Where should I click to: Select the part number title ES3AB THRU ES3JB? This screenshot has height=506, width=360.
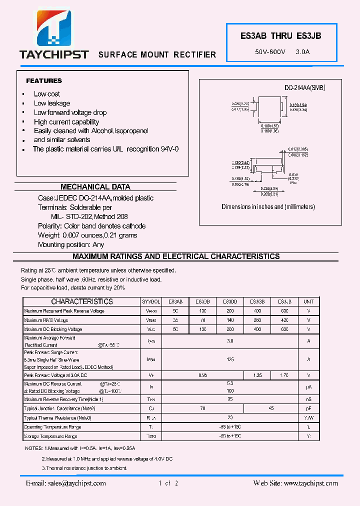point(281,36)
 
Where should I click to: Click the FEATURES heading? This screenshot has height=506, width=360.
point(44,80)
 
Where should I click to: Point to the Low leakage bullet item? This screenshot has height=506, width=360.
point(51,103)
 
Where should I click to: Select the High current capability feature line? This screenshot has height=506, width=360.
point(66,122)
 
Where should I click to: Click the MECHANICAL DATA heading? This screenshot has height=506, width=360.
point(95,187)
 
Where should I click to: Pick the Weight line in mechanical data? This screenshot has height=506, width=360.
point(87,235)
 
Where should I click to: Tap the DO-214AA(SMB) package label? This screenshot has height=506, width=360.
point(305,87)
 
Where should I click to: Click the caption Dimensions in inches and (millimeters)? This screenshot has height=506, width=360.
point(268,206)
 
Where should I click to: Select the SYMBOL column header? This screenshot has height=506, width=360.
point(151,302)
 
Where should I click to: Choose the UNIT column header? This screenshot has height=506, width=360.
point(308,302)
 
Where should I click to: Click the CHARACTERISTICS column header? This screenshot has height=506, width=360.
point(82,301)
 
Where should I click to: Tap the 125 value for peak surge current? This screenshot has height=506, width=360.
point(230,359)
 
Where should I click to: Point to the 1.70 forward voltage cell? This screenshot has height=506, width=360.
point(284,375)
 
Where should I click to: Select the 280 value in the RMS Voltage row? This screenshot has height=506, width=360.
point(257,320)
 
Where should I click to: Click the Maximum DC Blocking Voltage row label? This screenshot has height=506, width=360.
point(53,329)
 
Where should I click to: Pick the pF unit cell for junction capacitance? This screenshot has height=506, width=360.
point(308,408)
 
